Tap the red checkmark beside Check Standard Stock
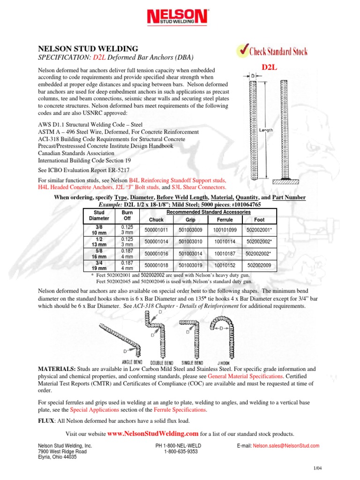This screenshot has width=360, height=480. click(242, 50)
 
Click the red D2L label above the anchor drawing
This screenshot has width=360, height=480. click(270, 68)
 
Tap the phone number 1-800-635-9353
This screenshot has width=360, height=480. click(180, 452)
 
